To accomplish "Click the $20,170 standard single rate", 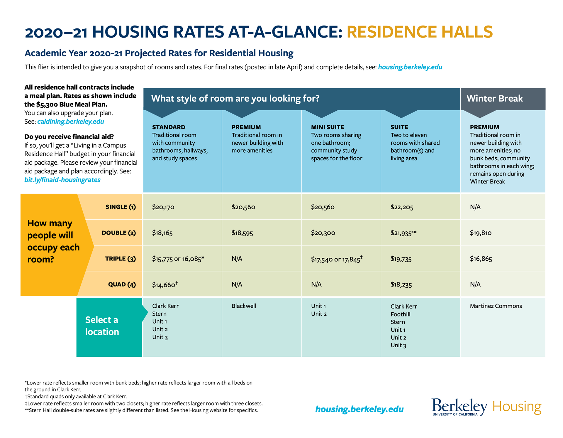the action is pos(163,207).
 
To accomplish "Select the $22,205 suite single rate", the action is pos(402,207).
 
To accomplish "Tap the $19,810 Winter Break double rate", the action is pos(481,233).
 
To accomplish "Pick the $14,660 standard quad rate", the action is pos(165,284).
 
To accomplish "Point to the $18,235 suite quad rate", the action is pos(401,284).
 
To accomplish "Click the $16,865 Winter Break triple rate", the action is pos(481,259).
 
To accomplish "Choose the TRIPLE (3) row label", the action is pos(121,259).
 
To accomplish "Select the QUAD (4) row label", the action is pos(122,284).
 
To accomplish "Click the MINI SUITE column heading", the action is pos(328,127).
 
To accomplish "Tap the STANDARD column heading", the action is pos(169,127).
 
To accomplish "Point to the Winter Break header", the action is pos(495,98).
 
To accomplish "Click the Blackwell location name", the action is pos(244,306).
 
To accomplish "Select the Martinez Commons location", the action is pos(496,306).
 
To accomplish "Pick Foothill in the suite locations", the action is pos(400,314).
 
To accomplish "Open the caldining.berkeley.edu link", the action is pos(71,122).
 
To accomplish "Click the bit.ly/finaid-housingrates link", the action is pos(62,180).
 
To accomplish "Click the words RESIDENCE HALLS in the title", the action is pos(420,32).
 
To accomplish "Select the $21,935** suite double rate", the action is pos(403,233).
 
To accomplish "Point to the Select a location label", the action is pos(102,326).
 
